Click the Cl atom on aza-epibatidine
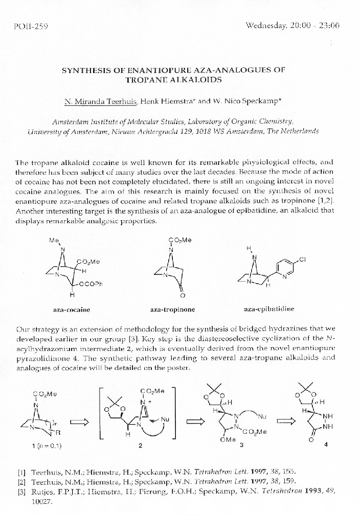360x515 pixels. (x=302, y=260)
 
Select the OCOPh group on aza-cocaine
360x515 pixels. (x=91, y=285)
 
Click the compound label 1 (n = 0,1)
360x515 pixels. (x=47, y=446)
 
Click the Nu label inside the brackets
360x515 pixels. (x=165, y=419)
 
